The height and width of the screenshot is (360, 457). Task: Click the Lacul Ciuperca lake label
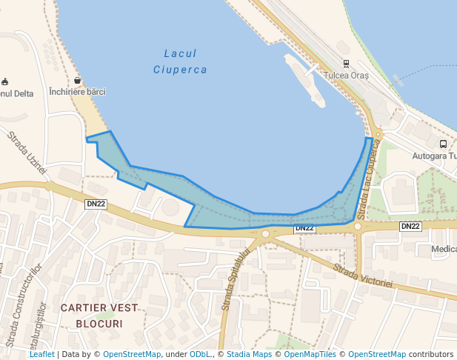(x=180, y=61)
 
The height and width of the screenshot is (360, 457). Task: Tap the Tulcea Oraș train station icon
(x=346, y=64)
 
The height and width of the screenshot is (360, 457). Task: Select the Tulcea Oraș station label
(x=346, y=75)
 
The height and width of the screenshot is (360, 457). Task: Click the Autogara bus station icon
(x=443, y=144)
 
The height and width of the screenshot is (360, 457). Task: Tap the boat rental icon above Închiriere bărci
(x=77, y=80)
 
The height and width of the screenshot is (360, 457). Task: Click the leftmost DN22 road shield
(x=96, y=204)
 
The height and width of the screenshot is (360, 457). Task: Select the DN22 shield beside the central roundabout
(x=304, y=228)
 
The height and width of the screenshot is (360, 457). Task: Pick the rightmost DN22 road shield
(x=410, y=226)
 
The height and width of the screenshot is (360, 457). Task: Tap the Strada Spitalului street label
(x=235, y=279)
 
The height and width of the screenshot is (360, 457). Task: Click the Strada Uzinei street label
(x=27, y=153)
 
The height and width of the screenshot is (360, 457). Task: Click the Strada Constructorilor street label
(x=20, y=309)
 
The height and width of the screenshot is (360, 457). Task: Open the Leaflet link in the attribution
(x=42, y=355)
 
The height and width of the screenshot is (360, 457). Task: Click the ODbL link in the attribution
(x=199, y=355)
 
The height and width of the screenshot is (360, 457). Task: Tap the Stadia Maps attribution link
(x=249, y=355)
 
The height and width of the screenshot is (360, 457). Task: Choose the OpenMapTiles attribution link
(x=310, y=355)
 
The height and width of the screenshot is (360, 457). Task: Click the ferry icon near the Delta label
(x=5, y=81)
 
